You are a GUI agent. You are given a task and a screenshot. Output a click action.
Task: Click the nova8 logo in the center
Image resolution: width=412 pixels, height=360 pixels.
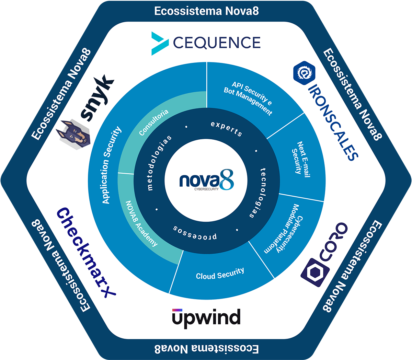click(x=206, y=181)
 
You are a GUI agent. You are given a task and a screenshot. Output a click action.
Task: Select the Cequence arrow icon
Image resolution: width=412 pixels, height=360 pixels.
click(x=160, y=44)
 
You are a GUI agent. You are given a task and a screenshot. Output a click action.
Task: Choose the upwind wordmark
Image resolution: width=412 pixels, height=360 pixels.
click(x=206, y=317)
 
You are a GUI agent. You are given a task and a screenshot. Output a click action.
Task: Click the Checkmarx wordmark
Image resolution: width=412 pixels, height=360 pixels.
click(x=85, y=252)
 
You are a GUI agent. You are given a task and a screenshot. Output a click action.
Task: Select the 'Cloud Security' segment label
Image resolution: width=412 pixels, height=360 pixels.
click(x=220, y=274)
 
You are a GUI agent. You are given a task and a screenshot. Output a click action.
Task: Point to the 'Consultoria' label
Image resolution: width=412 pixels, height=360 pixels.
click(x=154, y=122)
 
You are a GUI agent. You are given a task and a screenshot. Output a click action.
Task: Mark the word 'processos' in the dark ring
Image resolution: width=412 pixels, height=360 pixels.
click(x=195, y=232)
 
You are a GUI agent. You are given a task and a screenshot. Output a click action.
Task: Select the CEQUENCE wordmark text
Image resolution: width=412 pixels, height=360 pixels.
click(x=217, y=43)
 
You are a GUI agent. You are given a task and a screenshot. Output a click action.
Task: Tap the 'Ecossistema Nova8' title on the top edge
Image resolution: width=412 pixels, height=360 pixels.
click(x=206, y=11)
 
